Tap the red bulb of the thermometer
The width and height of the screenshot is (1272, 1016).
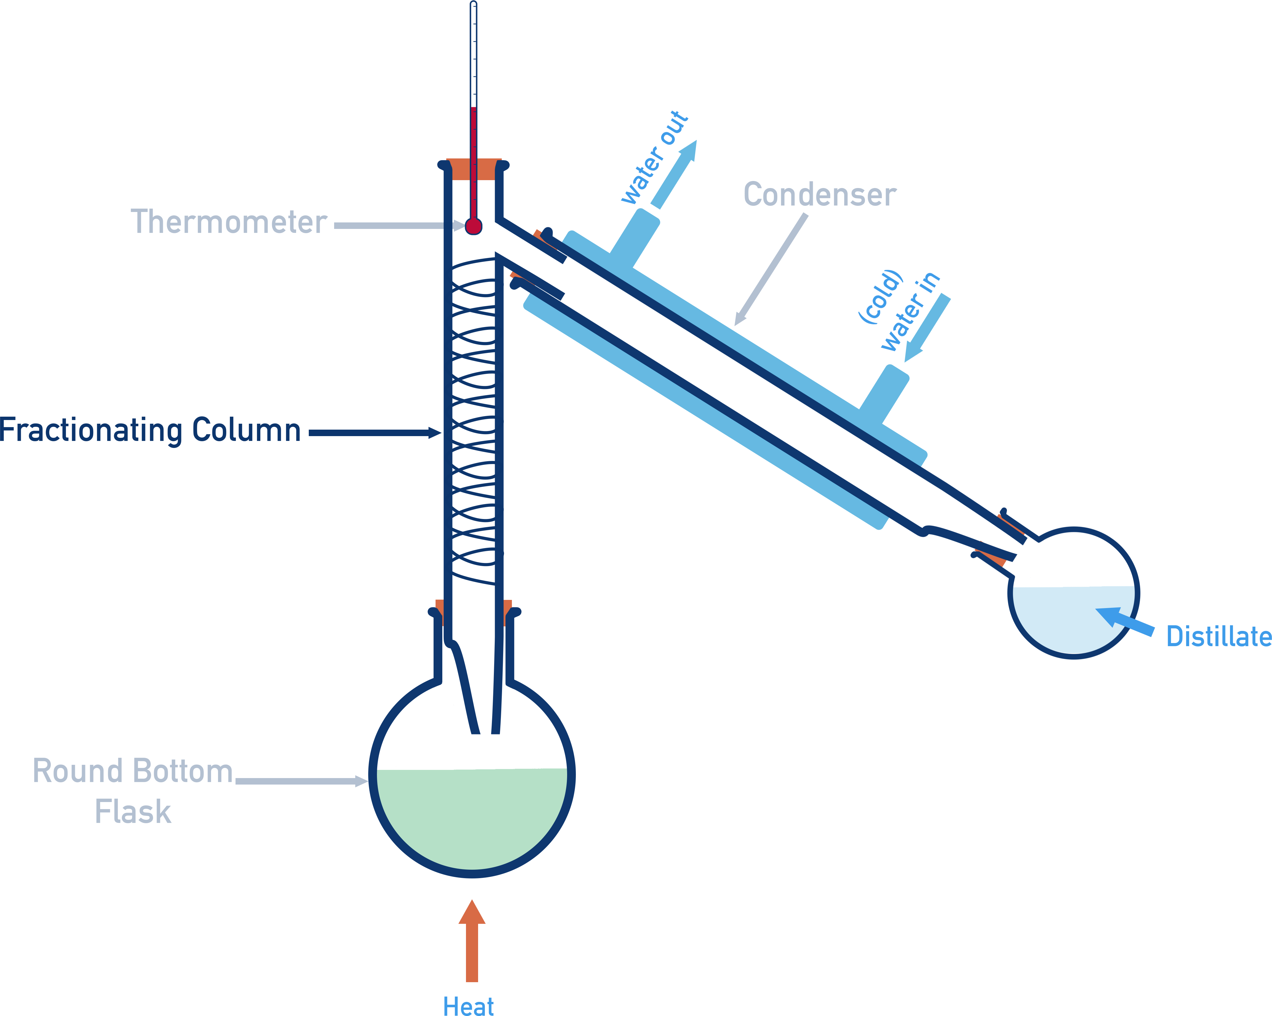coord(473,226)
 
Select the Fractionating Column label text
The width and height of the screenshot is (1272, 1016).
coord(150,430)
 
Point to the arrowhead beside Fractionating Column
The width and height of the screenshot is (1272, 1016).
coord(435,433)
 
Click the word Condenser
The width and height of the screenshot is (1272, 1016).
coord(820,195)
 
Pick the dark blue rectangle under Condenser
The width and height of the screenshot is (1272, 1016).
coord(771,308)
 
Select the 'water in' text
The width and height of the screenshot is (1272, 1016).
coord(910,311)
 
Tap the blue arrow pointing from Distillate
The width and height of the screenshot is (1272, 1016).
coord(1125,622)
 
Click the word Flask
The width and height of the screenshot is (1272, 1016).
coord(133,812)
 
